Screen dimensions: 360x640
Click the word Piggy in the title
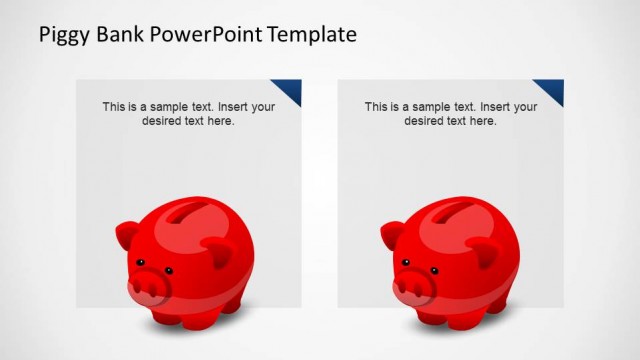[x=62, y=36]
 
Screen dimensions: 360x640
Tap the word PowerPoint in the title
[x=206, y=36]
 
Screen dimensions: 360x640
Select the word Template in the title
[x=312, y=36]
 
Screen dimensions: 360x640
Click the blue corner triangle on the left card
[x=290, y=90]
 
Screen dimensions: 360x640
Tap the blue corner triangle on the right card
[x=552, y=90]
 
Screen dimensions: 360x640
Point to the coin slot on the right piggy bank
[x=456, y=212]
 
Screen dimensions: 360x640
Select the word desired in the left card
[x=159, y=121]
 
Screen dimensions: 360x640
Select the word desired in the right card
[x=422, y=121]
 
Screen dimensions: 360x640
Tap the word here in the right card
[x=483, y=121]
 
